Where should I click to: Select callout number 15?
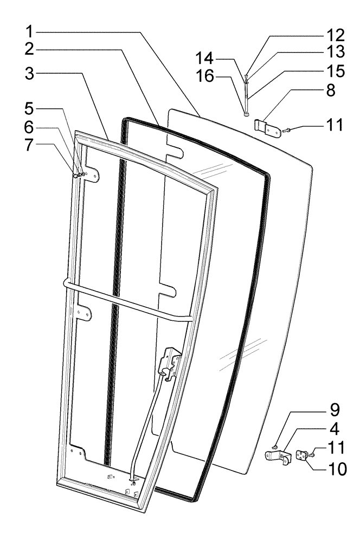tap(335, 71)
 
